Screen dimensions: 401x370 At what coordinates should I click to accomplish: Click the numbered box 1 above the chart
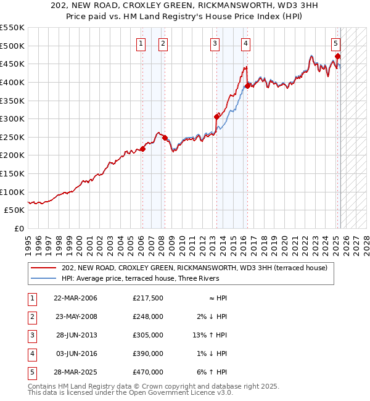pos(142,43)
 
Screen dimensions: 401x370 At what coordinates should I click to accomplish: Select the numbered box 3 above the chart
pos(215,43)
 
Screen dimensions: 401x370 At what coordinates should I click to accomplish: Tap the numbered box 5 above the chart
pos(335,43)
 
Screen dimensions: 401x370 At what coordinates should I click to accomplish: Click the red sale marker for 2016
pos(247,86)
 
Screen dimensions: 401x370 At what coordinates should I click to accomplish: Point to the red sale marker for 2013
pos(216,117)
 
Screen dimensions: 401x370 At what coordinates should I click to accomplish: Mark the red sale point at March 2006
pos(142,149)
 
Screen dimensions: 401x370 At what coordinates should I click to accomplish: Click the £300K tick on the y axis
pos(12,118)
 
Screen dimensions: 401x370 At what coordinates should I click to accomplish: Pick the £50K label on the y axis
pos(14,210)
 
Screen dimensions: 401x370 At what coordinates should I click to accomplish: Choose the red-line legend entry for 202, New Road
pos(197,268)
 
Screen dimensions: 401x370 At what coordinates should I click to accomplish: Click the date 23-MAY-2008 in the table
pos(75,316)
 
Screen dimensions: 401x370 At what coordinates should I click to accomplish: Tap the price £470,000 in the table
pos(148,372)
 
